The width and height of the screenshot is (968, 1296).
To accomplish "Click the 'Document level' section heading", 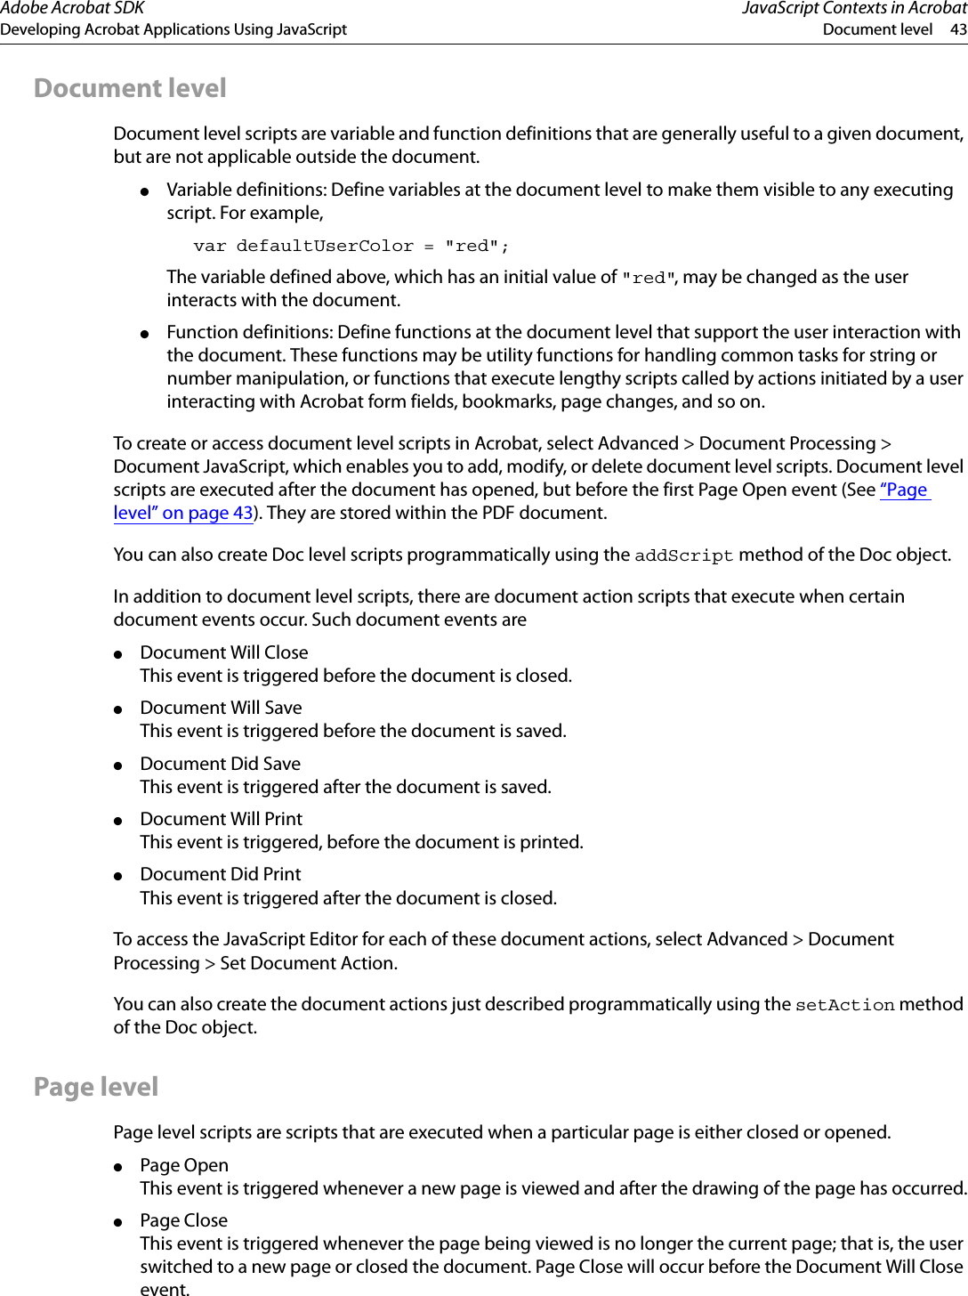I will pyautogui.click(x=130, y=88).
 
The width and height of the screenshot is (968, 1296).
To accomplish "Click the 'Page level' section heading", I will pyautogui.click(x=96, y=1087).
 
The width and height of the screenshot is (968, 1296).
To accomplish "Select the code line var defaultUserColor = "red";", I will pyautogui.click(x=351, y=246).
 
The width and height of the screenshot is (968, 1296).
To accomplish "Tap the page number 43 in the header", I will pyautogui.click(x=958, y=29).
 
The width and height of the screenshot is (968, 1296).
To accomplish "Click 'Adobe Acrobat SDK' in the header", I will pyautogui.click(x=72, y=9).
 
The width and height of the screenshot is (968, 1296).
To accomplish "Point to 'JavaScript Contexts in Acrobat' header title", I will pyautogui.click(x=853, y=9).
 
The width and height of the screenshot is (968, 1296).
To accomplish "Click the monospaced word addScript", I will pyautogui.click(x=683, y=555).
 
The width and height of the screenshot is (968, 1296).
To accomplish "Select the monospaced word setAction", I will pyautogui.click(x=844, y=1005).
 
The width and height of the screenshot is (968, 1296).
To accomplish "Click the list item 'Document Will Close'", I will pyautogui.click(x=224, y=652).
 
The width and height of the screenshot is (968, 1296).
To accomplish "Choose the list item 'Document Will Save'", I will pyautogui.click(x=221, y=708).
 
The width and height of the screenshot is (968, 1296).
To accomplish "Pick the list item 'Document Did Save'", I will pyautogui.click(x=220, y=764).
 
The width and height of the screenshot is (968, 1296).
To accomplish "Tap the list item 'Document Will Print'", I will pyautogui.click(x=221, y=819).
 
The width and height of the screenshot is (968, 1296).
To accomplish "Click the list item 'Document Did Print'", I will pyautogui.click(x=220, y=874).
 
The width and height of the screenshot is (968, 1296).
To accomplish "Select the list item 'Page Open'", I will pyautogui.click(x=184, y=1165).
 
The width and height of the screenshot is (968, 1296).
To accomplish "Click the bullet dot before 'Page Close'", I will pyautogui.click(x=117, y=1222).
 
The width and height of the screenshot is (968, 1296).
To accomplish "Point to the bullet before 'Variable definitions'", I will pyautogui.click(x=144, y=191).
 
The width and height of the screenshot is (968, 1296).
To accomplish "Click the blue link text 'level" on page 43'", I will pyautogui.click(x=183, y=513).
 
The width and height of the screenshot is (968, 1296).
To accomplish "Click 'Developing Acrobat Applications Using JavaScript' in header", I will pyautogui.click(x=173, y=29).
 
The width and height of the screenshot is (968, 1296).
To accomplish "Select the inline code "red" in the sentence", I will pyautogui.click(x=648, y=278).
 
